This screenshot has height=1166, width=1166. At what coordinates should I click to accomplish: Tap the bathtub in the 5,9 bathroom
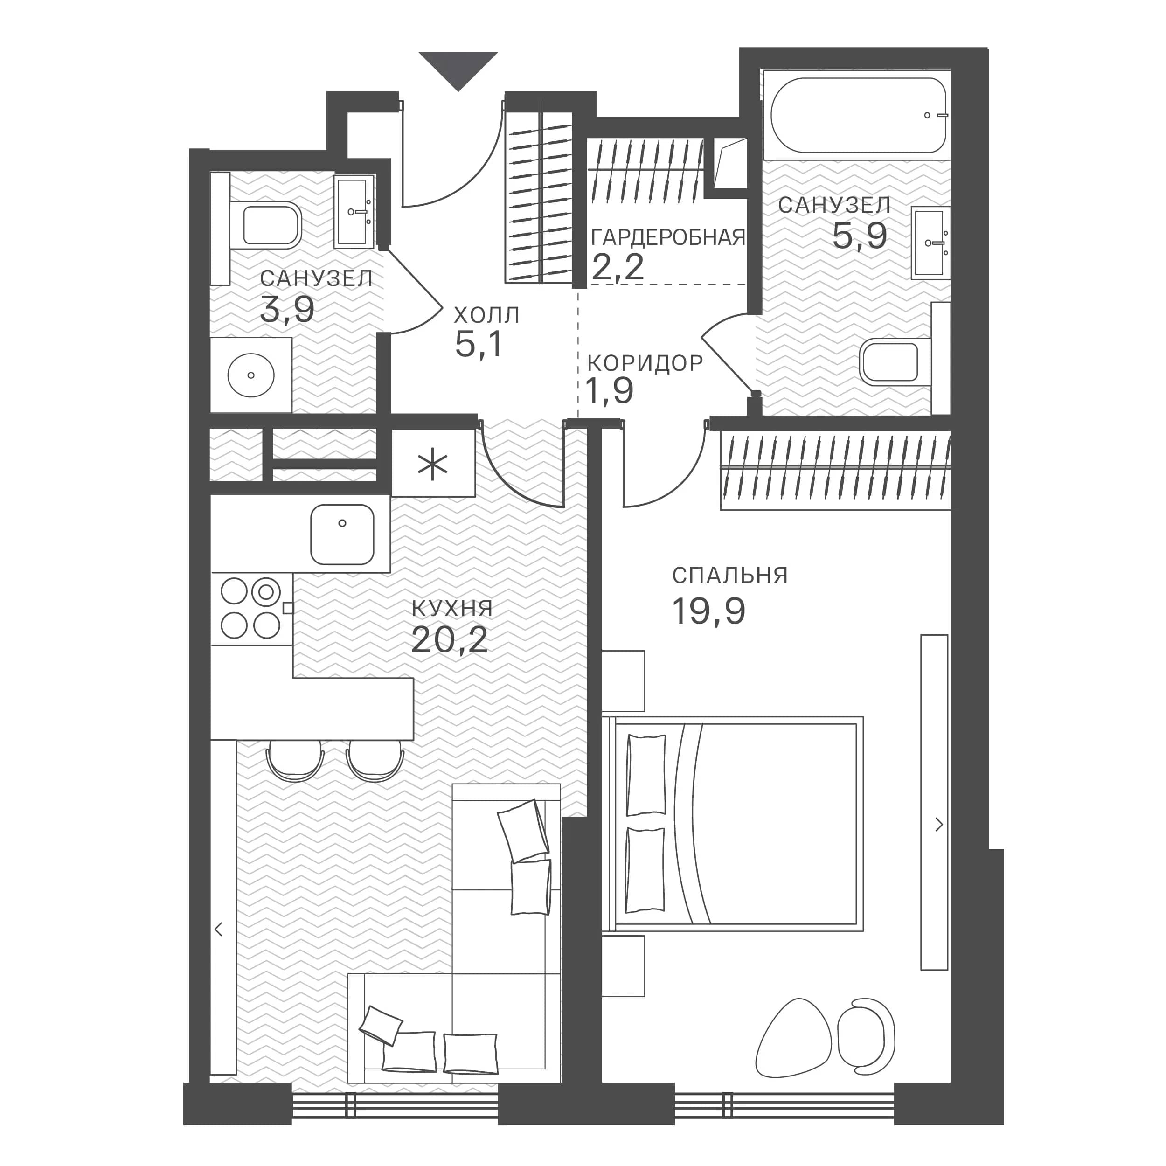(x=858, y=115)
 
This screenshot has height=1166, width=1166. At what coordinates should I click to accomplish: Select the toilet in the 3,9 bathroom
(x=265, y=226)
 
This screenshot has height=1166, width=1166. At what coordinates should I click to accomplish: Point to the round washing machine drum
(x=251, y=375)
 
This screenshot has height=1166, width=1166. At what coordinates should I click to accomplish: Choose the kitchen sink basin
(x=342, y=534)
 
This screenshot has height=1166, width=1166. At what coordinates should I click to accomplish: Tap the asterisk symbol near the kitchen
(x=433, y=465)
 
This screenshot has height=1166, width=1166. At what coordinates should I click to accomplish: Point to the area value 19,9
(x=708, y=611)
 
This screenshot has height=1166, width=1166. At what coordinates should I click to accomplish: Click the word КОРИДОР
(x=645, y=363)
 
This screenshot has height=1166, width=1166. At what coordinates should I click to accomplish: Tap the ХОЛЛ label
(x=486, y=315)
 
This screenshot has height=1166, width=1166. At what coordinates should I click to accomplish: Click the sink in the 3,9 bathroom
(x=354, y=212)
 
